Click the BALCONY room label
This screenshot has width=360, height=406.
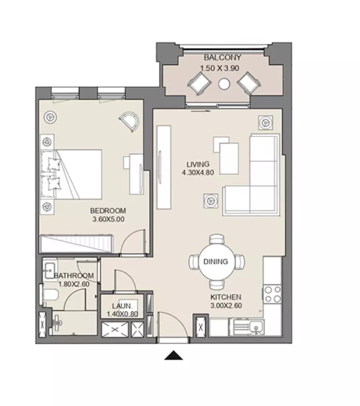pos(223,57)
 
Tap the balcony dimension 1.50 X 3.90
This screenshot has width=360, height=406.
pos(219,68)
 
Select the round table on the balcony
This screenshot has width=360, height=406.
pos(224,84)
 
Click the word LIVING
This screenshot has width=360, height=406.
pos(198,164)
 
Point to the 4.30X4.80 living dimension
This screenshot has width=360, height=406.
pos(198,173)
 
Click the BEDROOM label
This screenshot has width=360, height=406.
pos(108,211)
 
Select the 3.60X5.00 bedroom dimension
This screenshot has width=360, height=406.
pos(108,219)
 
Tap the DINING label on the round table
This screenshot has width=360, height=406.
pos(216,261)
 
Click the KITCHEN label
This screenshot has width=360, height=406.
pos(226,297)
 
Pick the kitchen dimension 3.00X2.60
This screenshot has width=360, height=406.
pos(226,305)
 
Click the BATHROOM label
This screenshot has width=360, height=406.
pos(74,275)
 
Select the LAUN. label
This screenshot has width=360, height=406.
pos(122,306)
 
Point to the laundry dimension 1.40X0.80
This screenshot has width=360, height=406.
pos(122,314)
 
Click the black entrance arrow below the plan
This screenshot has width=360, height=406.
pos(173,355)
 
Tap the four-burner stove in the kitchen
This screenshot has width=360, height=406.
pos(273,294)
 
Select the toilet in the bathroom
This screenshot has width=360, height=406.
pos(50,295)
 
